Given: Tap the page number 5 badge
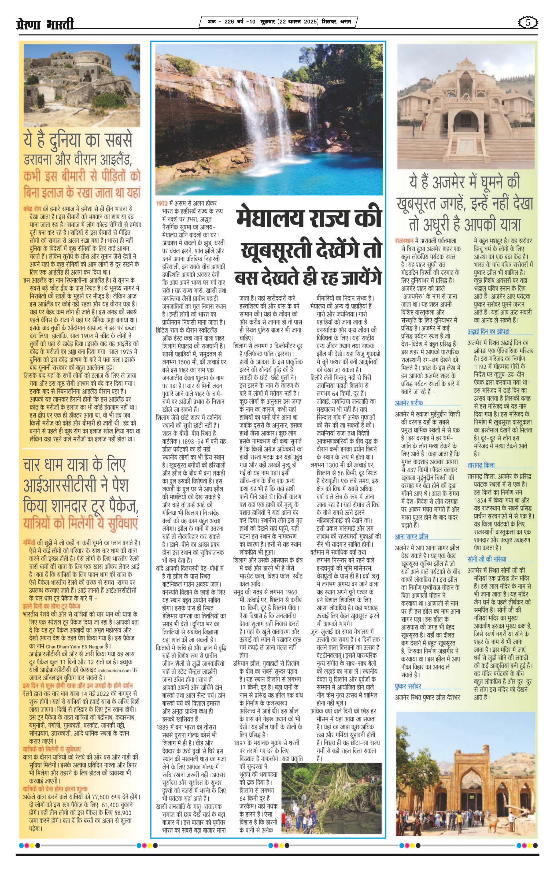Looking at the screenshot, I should pyautogui.click(x=528, y=23).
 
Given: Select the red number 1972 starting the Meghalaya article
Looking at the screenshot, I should pyautogui.click(x=162, y=203).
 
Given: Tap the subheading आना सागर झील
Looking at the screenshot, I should pyautogui.click(x=412, y=536).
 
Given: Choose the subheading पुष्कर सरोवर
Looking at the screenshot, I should pyautogui.click(x=408, y=686).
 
